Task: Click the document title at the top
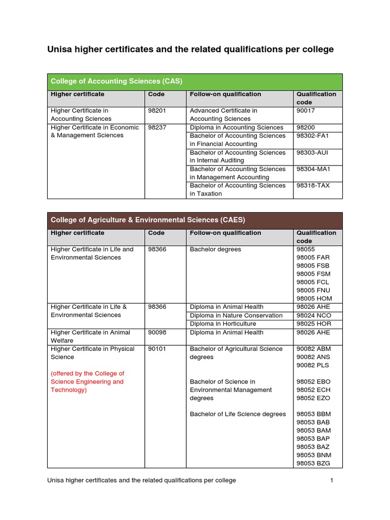coord(190,49)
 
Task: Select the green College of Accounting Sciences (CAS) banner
coord(194,81)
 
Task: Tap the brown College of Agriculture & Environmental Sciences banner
coord(194,220)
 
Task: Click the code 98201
coord(157,111)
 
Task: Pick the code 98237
coord(157,127)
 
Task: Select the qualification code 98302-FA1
coord(313,136)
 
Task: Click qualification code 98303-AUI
coord(312,152)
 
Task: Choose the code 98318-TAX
coord(313,185)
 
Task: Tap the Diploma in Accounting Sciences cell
coord(237,127)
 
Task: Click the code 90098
coord(157,333)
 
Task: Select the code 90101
coord(157,349)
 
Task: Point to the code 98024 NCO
coord(313,315)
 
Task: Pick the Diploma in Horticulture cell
coord(222,323)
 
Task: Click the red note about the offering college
coord(87,382)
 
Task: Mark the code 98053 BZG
coord(313,463)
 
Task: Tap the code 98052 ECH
coord(313,390)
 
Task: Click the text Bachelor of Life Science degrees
coord(238,414)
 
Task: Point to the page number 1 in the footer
coord(331,480)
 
